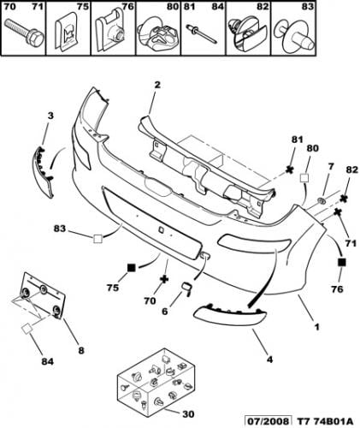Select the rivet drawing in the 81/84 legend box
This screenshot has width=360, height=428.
pos(202,34)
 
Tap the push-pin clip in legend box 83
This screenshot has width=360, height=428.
pos(294,36)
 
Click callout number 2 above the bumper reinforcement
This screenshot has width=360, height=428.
pos(157,85)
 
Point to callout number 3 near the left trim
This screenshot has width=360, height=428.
pos(50,116)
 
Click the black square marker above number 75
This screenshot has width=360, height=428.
pos(131,268)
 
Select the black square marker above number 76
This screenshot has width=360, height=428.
pos(341,262)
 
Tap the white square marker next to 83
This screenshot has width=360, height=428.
pos(97,239)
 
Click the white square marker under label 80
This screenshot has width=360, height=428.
pos(304,177)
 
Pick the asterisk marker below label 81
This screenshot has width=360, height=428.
pos(290,169)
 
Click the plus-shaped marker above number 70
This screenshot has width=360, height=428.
pos(164,279)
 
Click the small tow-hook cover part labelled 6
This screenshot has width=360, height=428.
pos(187,288)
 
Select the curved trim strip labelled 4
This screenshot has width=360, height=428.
pos(230,315)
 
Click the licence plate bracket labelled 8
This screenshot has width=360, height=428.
pos(44,296)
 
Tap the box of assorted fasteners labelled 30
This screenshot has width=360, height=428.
pos(156,379)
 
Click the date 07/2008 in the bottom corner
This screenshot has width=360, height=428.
pos(269,421)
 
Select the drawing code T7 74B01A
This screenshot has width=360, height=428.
pos(325,421)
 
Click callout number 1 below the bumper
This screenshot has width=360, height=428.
pos(316,327)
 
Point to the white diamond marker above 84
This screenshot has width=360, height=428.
pos(28,329)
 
